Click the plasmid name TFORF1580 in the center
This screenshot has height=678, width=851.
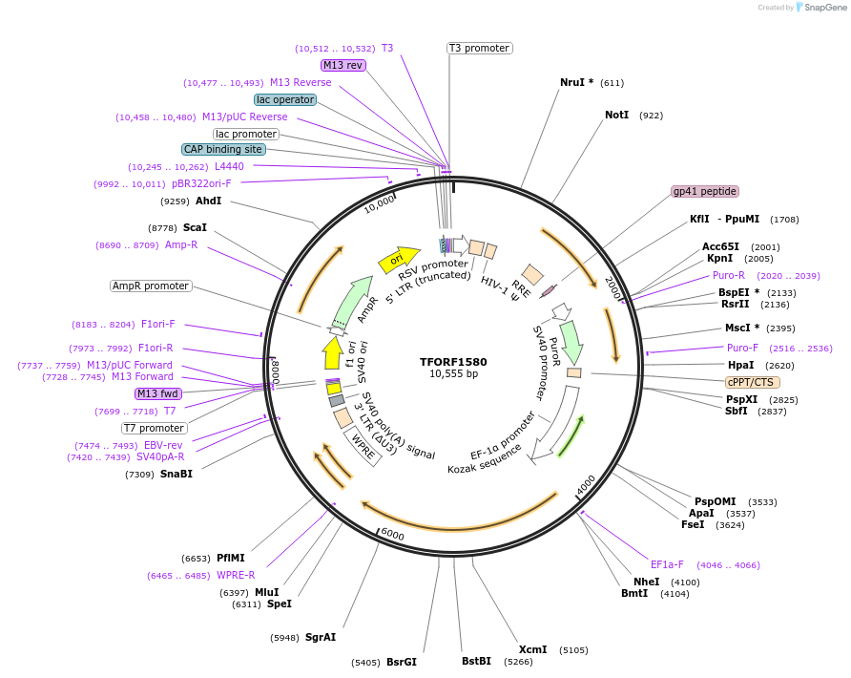click(453, 362)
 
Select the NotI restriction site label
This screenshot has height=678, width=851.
click(616, 115)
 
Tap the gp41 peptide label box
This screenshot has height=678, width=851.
click(704, 191)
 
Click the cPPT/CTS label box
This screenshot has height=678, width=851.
click(752, 382)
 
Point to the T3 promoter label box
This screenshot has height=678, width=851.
click(479, 48)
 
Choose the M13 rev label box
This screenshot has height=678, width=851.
click(342, 65)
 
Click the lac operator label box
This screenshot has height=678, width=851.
click(284, 99)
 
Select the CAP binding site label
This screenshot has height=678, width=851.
click(223, 149)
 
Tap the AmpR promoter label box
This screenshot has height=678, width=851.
click(151, 286)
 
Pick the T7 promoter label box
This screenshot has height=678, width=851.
click(154, 428)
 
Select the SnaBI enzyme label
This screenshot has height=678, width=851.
click(176, 474)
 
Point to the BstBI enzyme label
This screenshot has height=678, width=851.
click(476, 660)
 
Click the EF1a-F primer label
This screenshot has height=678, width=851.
click(667, 564)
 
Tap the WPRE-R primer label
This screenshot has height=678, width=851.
click(236, 575)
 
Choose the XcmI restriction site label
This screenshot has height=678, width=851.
click(532, 649)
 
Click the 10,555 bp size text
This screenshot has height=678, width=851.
click(453, 373)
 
